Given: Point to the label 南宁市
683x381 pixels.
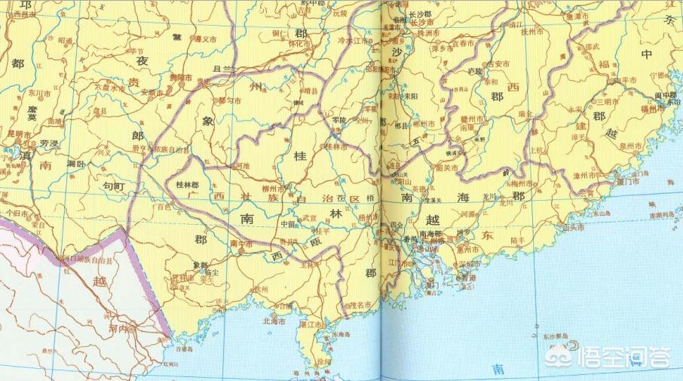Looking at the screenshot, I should tap(241, 243).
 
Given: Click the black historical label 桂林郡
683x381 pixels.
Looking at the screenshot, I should tap(186, 183).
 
